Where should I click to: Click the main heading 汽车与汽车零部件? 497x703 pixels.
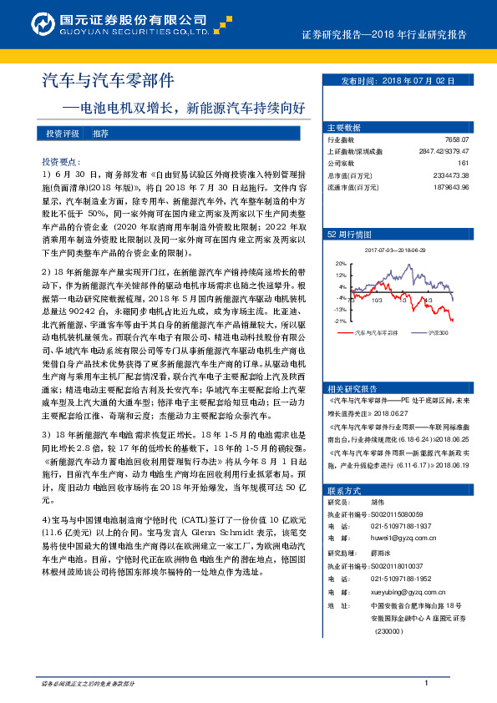109,81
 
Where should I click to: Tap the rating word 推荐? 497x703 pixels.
100,134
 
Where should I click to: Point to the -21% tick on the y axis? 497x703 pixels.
340,320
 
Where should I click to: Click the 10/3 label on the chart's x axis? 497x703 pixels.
377,298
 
